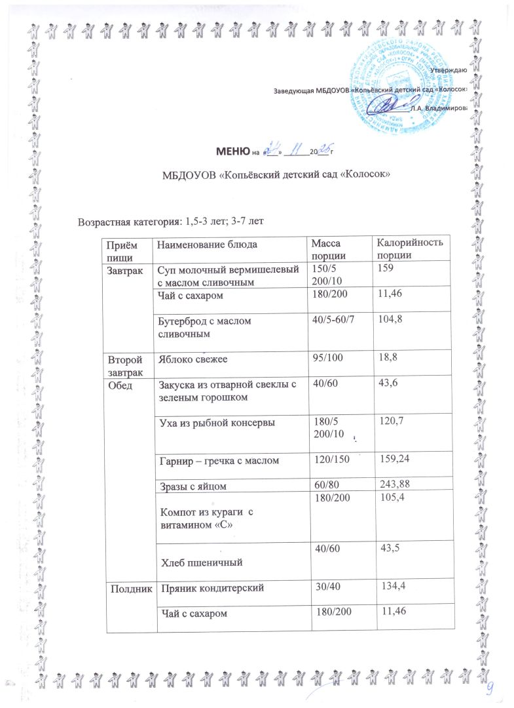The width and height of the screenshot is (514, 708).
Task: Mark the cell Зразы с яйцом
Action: pyautogui.click(x=195, y=485)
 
